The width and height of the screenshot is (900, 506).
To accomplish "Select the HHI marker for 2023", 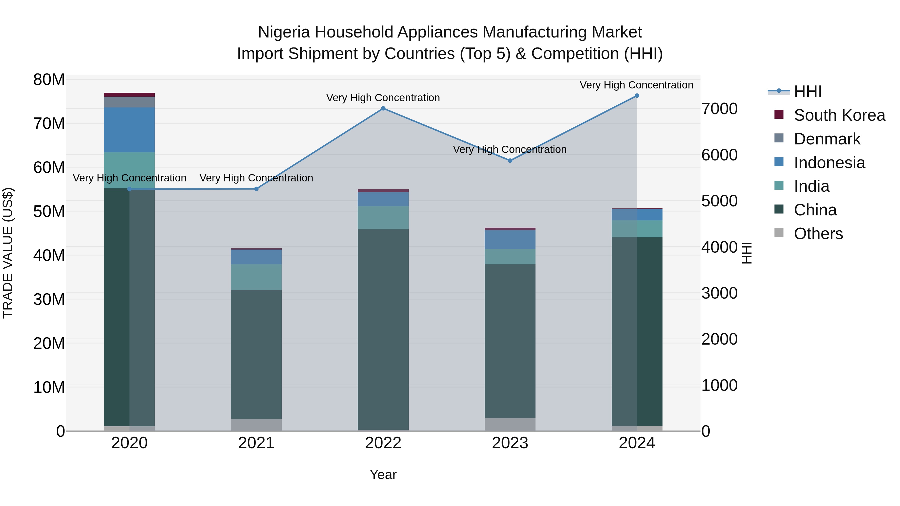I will click(x=510, y=161).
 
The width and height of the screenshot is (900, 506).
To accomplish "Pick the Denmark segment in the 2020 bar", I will click(x=129, y=102).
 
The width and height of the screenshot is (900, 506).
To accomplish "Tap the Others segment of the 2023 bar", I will click(x=510, y=424).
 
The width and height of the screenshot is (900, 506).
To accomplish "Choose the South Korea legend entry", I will click(x=839, y=115).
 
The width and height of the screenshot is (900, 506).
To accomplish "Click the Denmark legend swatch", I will click(x=779, y=138).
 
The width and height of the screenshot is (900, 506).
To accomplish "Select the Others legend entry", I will click(x=818, y=234).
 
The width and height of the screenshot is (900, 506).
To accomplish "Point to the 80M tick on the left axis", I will click(x=49, y=80).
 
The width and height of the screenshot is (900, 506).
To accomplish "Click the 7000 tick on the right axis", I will click(x=719, y=109).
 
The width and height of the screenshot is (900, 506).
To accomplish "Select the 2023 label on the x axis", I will click(x=510, y=443).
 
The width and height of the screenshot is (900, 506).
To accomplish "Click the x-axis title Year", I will click(x=383, y=475).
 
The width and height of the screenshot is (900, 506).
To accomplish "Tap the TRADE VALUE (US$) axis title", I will click(x=8, y=253).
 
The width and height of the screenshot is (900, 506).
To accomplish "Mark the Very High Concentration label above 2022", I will click(x=383, y=98).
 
